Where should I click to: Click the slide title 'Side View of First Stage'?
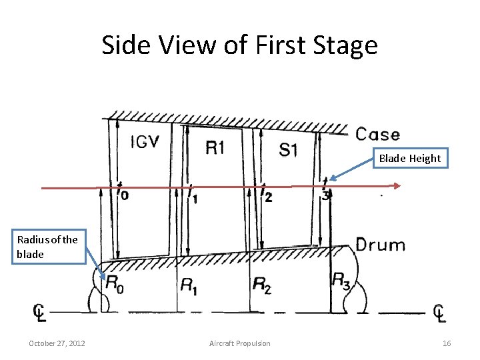(239, 45)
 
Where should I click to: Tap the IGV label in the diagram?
(145, 142)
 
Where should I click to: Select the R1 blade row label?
(215, 147)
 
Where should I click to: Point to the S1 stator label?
(288, 149)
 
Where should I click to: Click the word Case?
(377, 135)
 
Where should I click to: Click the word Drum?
(380, 245)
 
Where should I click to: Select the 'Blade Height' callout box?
(409, 158)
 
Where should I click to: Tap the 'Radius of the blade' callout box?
(47, 247)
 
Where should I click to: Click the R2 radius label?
(262, 285)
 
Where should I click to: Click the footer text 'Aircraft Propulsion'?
(240, 343)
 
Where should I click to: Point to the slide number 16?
(447, 343)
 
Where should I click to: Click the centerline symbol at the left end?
(40, 312)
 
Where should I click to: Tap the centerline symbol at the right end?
(439, 312)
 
